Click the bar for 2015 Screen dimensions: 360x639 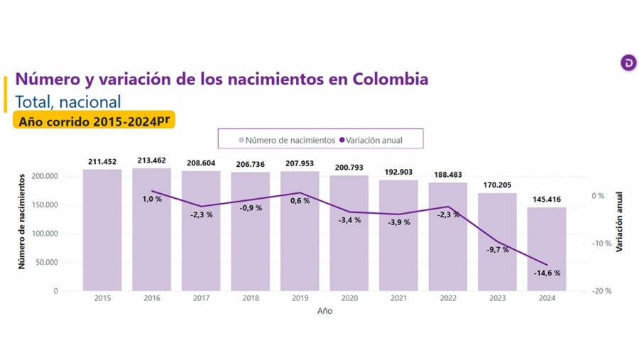[x=102, y=230]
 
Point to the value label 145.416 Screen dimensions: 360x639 [x=547, y=200]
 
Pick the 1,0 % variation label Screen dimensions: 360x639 [x=152, y=199]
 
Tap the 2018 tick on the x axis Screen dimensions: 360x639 [x=251, y=298]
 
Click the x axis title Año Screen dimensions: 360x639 [x=324, y=311]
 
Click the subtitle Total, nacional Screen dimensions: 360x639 [x=68, y=101]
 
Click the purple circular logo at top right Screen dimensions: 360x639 [x=628, y=62]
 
